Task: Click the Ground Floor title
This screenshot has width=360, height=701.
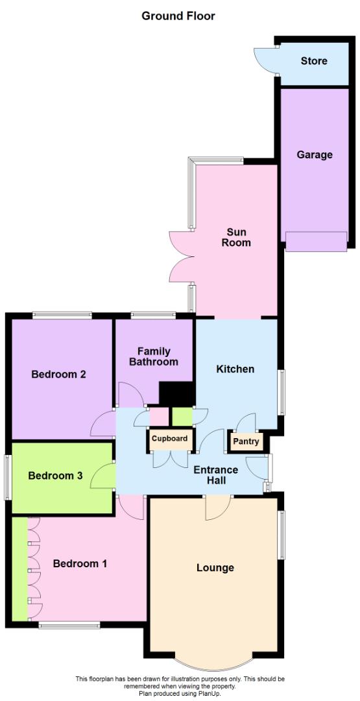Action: [x=178, y=16]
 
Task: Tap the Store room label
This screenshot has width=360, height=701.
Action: [x=314, y=61]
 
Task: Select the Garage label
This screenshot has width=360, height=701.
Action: [x=315, y=154]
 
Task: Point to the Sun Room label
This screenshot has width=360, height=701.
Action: [x=238, y=238]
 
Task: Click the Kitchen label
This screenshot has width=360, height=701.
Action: [x=235, y=369]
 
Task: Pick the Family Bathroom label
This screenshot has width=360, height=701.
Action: [x=153, y=356]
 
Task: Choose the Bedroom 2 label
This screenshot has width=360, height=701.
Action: [x=58, y=374]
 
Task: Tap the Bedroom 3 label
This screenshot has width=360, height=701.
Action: [x=55, y=475]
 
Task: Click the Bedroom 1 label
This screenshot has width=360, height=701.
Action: [x=80, y=563]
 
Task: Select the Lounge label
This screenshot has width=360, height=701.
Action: [x=215, y=568]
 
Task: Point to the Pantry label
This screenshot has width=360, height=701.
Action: [x=246, y=442]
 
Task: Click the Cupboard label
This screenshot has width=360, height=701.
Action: [x=170, y=439]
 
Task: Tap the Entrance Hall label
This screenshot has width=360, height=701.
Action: [x=216, y=475]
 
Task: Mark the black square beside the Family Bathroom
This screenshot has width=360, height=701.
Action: [x=176, y=395]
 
